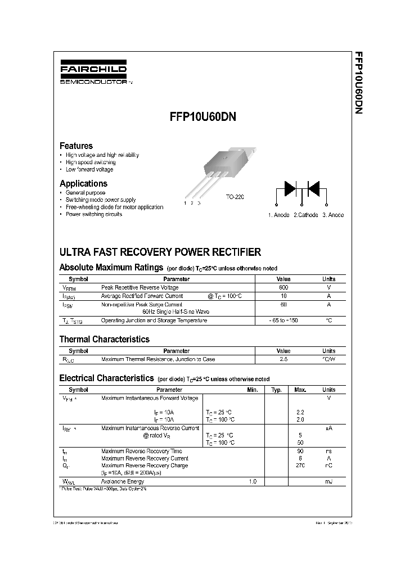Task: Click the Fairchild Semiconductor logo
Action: (93, 74)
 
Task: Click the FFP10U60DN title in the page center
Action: (202, 118)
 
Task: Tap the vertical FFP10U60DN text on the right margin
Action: (358, 84)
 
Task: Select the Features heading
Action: (76, 146)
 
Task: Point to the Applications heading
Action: (83, 183)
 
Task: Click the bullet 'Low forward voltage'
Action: (89, 169)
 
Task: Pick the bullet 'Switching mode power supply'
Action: (100, 200)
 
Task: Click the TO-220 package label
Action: (235, 197)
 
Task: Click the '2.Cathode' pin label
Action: (305, 215)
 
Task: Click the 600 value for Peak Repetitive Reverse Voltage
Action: (283, 287)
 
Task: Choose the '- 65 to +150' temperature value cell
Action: (283, 320)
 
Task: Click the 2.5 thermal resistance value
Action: (283, 359)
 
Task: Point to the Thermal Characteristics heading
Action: (104, 339)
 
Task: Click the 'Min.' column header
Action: (253, 390)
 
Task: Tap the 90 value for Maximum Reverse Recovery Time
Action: (300, 451)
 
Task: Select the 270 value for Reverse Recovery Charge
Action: (300, 466)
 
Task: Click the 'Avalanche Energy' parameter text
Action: (122, 482)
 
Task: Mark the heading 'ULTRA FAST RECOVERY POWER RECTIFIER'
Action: (160, 252)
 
